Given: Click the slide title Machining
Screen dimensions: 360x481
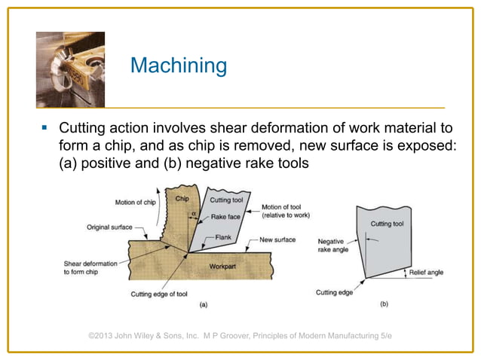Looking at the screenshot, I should pyautogui.click(x=178, y=66).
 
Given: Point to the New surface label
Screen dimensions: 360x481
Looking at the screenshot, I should pyautogui.click(x=277, y=240).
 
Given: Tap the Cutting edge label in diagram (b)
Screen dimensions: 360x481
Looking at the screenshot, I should pyautogui.click(x=334, y=292).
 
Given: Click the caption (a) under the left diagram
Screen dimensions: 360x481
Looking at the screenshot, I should pyautogui.click(x=202, y=305).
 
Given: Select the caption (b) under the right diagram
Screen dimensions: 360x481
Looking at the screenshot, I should pyautogui.click(x=384, y=306).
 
